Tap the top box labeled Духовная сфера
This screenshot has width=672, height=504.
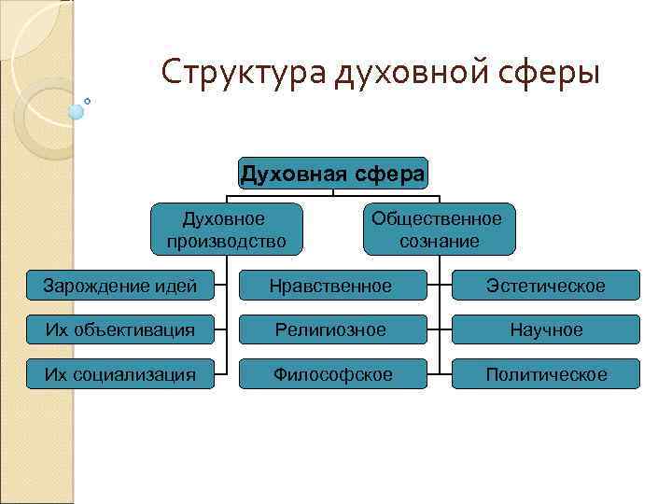click(333, 173)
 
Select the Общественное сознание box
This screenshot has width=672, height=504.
click(437, 230)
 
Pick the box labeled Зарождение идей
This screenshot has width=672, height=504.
click(119, 286)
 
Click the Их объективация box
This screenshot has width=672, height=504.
click(119, 329)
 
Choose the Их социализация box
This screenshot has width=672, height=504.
click(119, 374)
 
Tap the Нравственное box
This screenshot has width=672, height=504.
click(330, 286)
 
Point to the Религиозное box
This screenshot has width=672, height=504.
click(330, 329)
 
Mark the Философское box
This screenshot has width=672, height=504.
click(330, 374)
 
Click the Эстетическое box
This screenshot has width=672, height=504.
click(546, 286)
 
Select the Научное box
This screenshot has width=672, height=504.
click(546, 329)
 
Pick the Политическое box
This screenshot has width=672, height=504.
click(546, 374)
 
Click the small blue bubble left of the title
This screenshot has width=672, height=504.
click(77, 111)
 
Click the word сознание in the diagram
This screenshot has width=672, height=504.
click(439, 241)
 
